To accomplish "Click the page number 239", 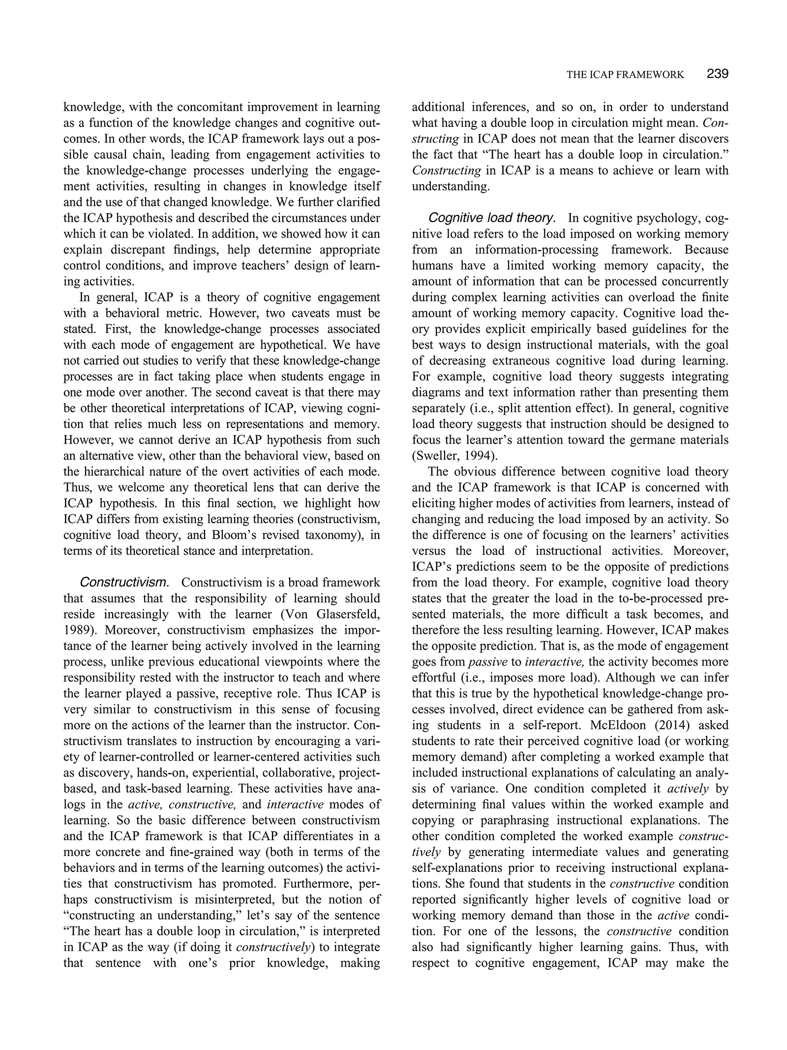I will [717, 74].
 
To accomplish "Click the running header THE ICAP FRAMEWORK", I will [625, 75].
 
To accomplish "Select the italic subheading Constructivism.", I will [124, 583].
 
